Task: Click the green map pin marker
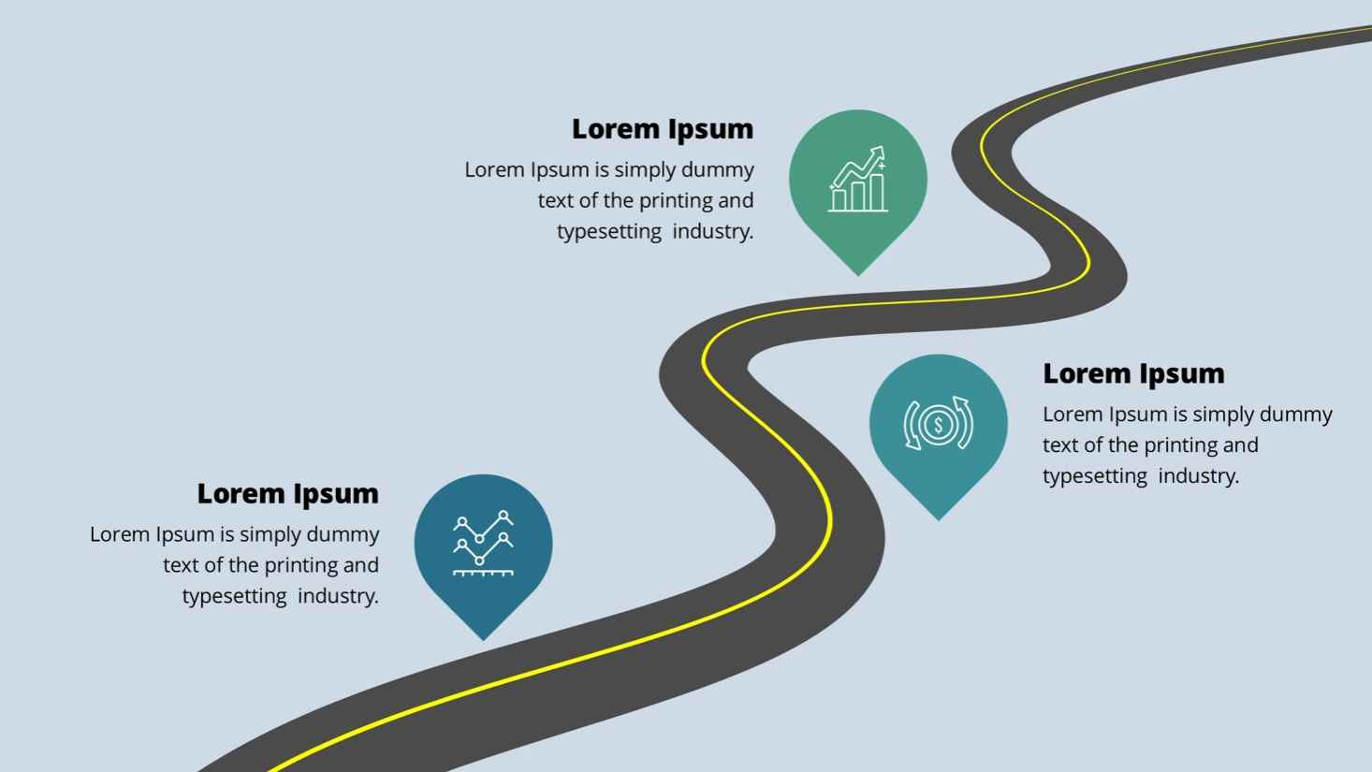click(857, 183)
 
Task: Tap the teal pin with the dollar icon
click(938, 429)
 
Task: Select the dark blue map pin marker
click(483, 548)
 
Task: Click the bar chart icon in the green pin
click(857, 179)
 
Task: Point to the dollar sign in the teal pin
click(938, 425)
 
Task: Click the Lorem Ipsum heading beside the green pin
click(662, 129)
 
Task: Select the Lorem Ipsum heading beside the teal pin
click(1133, 373)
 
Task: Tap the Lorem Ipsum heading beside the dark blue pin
click(287, 493)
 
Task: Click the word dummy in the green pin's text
click(717, 170)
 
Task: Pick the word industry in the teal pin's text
click(1199, 475)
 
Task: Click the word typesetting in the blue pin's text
click(235, 596)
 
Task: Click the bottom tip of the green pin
click(857, 275)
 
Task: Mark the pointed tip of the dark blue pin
click(483, 640)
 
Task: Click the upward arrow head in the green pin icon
click(879, 152)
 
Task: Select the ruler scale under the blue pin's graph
click(483, 573)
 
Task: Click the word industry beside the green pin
click(713, 231)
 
